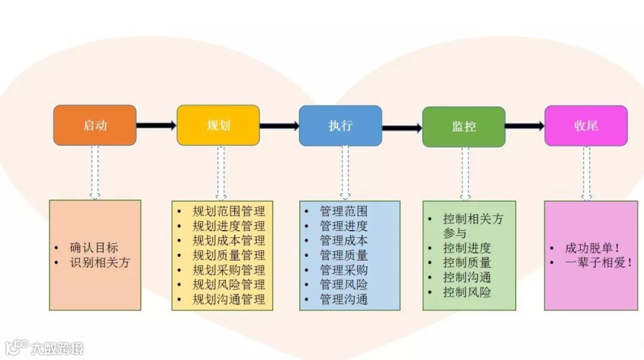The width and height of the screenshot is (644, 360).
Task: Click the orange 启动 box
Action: pos(95,125)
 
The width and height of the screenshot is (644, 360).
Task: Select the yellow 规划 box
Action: pos(218,125)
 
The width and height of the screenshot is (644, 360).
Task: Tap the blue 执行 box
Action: pos(340,125)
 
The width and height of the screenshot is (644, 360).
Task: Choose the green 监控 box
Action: pos(464,126)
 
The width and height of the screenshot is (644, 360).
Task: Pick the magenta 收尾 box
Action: pos(586,125)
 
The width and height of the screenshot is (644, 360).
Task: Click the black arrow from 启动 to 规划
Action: pos(156,125)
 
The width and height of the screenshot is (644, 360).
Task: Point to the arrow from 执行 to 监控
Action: pos(402,128)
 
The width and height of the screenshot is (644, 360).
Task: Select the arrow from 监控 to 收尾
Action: pos(525,126)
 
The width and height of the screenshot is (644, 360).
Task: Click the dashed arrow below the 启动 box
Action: pos(95,172)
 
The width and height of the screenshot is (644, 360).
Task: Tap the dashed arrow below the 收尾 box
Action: pos(586,173)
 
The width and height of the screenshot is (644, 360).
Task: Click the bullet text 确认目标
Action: pos(94,248)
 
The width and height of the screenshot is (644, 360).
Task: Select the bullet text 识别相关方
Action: pos(100,262)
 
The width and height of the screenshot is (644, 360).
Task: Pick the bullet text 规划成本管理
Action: pos(229,241)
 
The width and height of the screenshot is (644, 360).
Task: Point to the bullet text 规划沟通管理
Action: pos(229,299)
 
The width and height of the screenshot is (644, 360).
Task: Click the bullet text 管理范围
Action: pos(343,212)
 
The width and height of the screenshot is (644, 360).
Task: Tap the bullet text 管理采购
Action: pos(343,270)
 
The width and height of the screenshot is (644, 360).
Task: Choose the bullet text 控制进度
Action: pos(467,248)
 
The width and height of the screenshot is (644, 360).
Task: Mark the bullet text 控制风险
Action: pos(467,292)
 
